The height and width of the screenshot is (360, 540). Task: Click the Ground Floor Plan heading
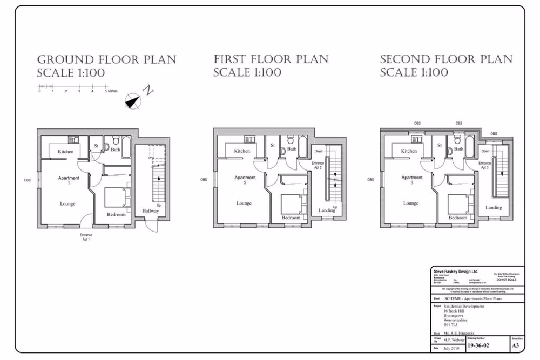106,66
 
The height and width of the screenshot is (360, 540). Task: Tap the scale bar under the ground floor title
73,86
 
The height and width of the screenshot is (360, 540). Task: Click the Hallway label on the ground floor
151,210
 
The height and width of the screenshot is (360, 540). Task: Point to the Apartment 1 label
69,181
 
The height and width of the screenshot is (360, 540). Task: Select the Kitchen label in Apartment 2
242,151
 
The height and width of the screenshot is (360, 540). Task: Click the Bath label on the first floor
292,149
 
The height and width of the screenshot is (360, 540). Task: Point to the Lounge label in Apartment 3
410,203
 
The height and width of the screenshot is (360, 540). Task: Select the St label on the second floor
440,146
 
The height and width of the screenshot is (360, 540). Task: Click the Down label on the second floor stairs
485,152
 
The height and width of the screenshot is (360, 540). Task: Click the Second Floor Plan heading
446,66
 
